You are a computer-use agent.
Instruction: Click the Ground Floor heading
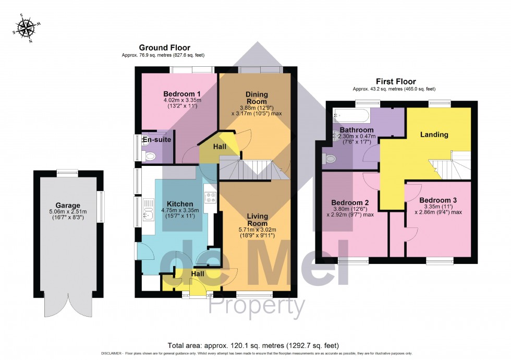pyautogui.click(x=164, y=47)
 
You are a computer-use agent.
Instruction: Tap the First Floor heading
pyautogui.click(x=396, y=81)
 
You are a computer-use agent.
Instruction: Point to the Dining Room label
pyautogui.click(x=256, y=98)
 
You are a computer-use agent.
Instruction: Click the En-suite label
pyautogui.click(x=157, y=140)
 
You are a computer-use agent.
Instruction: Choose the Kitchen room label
pyautogui.click(x=180, y=203)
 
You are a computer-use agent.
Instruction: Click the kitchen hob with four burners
pyautogui.click(x=211, y=198)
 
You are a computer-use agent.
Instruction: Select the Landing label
pyautogui.click(x=434, y=135)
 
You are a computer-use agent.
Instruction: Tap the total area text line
pyautogui.click(x=253, y=345)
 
